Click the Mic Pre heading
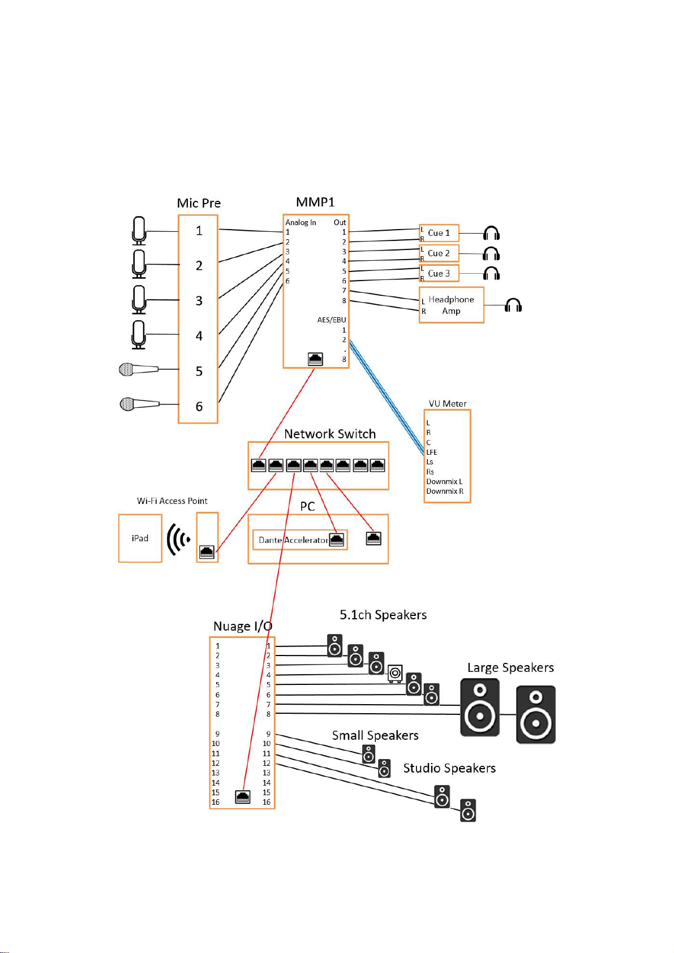(199, 203)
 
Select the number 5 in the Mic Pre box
(199, 371)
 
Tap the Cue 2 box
(439, 253)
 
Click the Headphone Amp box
(451, 305)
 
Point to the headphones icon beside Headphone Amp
(513, 305)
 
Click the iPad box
(140, 538)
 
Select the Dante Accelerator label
(293, 540)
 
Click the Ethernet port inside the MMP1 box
(315, 359)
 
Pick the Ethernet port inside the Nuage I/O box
(242, 796)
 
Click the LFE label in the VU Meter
(432, 452)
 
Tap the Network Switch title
(330, 434)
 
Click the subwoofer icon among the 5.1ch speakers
(395, 674)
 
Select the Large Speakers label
(510, 668)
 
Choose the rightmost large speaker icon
(535, 714)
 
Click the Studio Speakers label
(449, 768)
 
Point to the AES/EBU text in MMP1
(332, 320)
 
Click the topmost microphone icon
(139, 231)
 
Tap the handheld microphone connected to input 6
(139, 404)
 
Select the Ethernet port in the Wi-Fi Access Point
(207, 551)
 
